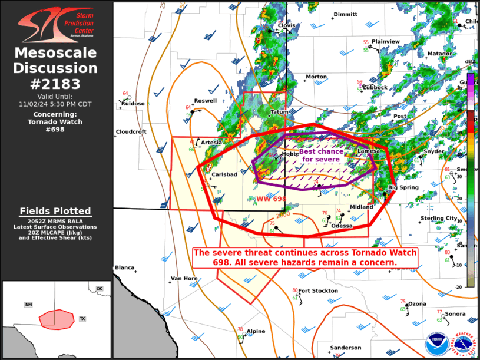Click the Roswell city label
(206, 101)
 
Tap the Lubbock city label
(375, 87)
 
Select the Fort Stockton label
(318, 290)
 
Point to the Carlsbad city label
(224, 174)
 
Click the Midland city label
(362, 207)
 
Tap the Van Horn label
(184, 278)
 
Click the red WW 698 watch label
(271, 199)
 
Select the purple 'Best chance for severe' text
(322, 156)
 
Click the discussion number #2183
(55, 83)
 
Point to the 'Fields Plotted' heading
(55, 211)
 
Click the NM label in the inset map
(28, 305)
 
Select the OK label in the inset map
(100, 288)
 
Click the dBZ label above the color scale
(470, 61)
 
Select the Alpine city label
(256, 331)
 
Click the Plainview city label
(386, 41)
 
